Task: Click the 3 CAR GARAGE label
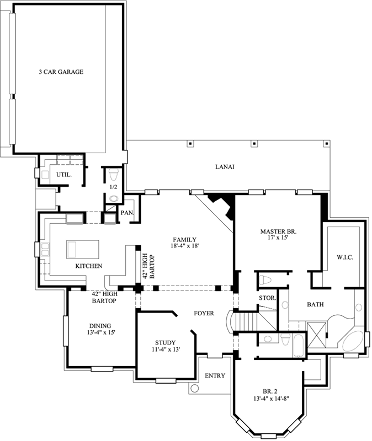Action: pyautogui.click(x=61, y=72)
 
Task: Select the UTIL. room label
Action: pyautogui.click(x=63, y=175)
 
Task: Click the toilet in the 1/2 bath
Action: pyautogui.click(x=114, y=176)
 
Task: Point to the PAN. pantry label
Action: pyautogui.click(x=126, y=212)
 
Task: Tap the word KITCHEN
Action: pyautogui.click(x=89, y=266)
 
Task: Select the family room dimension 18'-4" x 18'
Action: pyautogui.click(x=184, y=247)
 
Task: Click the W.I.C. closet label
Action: pyautogui.click(x=344, y=258)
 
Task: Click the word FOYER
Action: pyautogui.click(x=203, y=313)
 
